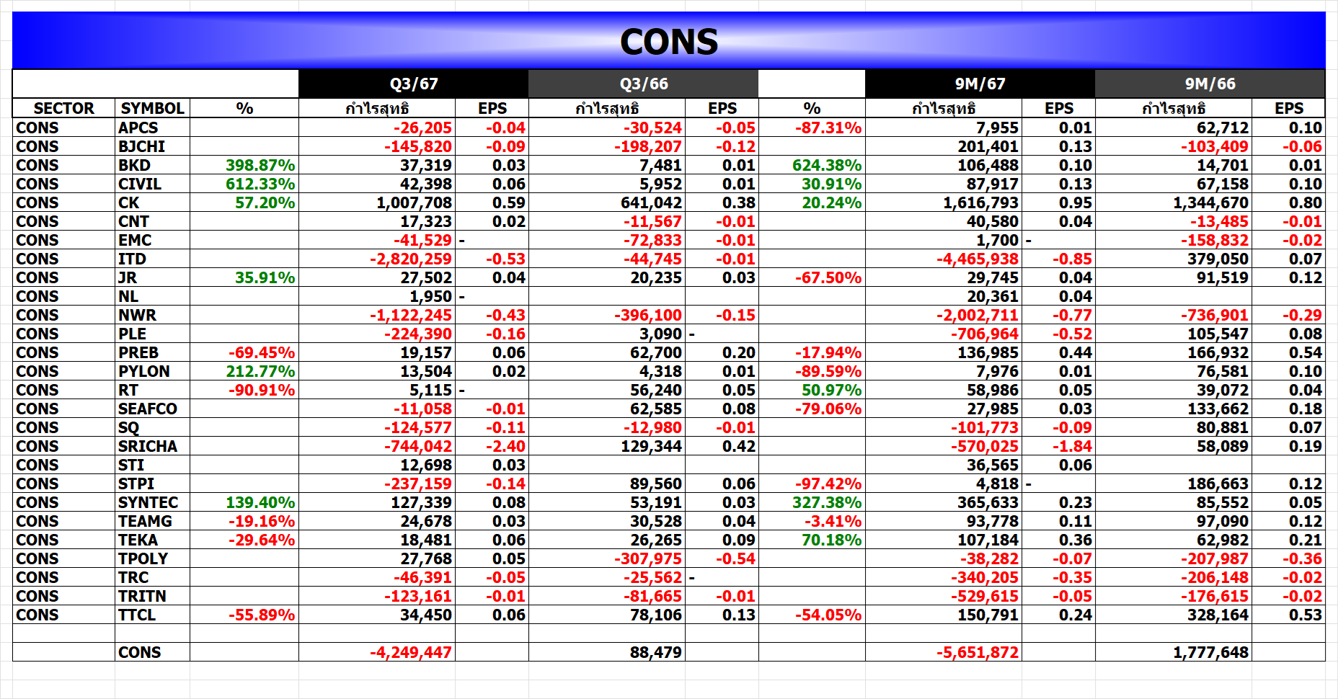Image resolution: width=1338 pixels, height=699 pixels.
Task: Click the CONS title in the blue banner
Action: point(669,42)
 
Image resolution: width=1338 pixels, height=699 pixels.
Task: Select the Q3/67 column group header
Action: point(414,84)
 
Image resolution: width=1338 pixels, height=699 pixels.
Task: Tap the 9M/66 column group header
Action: point(1210,84)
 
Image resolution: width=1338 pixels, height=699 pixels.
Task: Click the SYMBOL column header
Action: point(152,108)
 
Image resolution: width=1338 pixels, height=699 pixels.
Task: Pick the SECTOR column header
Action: point(63,108)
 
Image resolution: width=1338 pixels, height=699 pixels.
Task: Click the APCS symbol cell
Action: point(138,128)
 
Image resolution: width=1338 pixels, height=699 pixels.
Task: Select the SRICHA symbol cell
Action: point(148,446)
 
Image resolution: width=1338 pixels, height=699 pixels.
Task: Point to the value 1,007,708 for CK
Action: point(414,202)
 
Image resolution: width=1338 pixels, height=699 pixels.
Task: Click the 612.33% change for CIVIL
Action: point(260,184)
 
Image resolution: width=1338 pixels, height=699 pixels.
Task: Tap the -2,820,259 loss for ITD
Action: point(411,259)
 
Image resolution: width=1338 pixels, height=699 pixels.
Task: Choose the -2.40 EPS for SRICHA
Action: point(505,446)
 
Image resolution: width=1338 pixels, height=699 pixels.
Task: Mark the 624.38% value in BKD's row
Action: point(827,165)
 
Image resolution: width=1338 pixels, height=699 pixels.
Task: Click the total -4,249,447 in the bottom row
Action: point(411,652)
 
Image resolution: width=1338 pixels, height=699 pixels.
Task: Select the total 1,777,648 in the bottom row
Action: point(1210,652)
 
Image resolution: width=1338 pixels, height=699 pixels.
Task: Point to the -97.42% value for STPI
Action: point(828,484)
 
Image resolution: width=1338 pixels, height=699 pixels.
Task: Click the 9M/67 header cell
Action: point(980,84)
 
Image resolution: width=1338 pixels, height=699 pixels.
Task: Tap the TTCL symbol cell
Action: point(137,615)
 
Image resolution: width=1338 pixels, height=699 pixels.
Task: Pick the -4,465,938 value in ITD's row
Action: point(978,259)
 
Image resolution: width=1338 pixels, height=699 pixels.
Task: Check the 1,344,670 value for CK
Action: point(1210,202)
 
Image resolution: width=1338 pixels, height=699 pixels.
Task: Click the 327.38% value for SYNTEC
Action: point(827,502)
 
